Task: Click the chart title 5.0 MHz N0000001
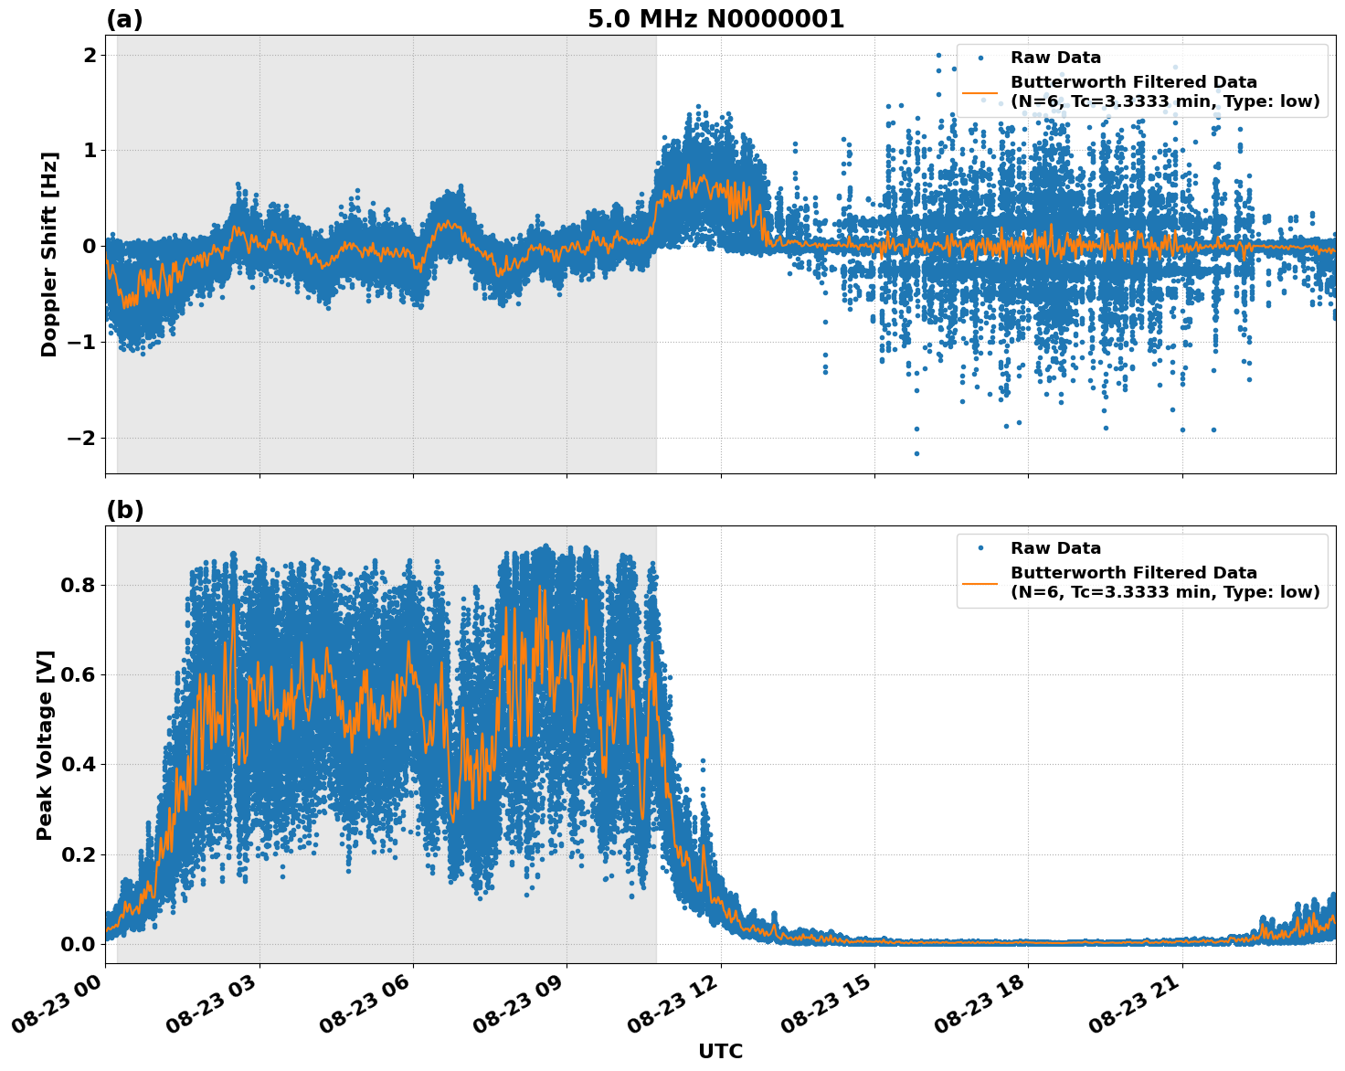click(715, 19)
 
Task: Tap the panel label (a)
click(124, 19)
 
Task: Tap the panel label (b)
click(124, 510)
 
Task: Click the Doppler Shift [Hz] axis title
click(49, 254)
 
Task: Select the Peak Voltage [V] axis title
click(45, 745)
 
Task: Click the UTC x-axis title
click(720, 1051)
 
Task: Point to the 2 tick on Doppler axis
click(90, 55)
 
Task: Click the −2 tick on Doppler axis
click(81, 438)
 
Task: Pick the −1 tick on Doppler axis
click(81, 342)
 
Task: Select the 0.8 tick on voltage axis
click(78, 585)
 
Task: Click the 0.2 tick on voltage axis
click(78, 854)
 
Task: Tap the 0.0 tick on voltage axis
click(78, 944)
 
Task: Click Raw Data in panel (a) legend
click(1055, 58)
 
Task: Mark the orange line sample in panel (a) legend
click(980, 92)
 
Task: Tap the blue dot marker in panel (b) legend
click(980, 548)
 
